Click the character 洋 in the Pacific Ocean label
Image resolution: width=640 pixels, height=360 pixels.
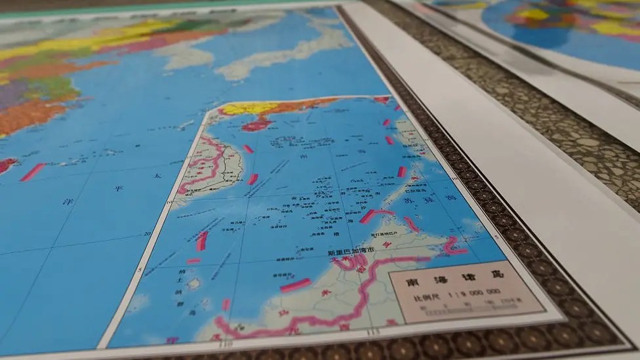click(x=68, y=201)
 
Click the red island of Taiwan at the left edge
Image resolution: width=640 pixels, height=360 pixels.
click(x=7, y=165)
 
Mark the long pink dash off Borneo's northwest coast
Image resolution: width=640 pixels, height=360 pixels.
click(x=296, y=285)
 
